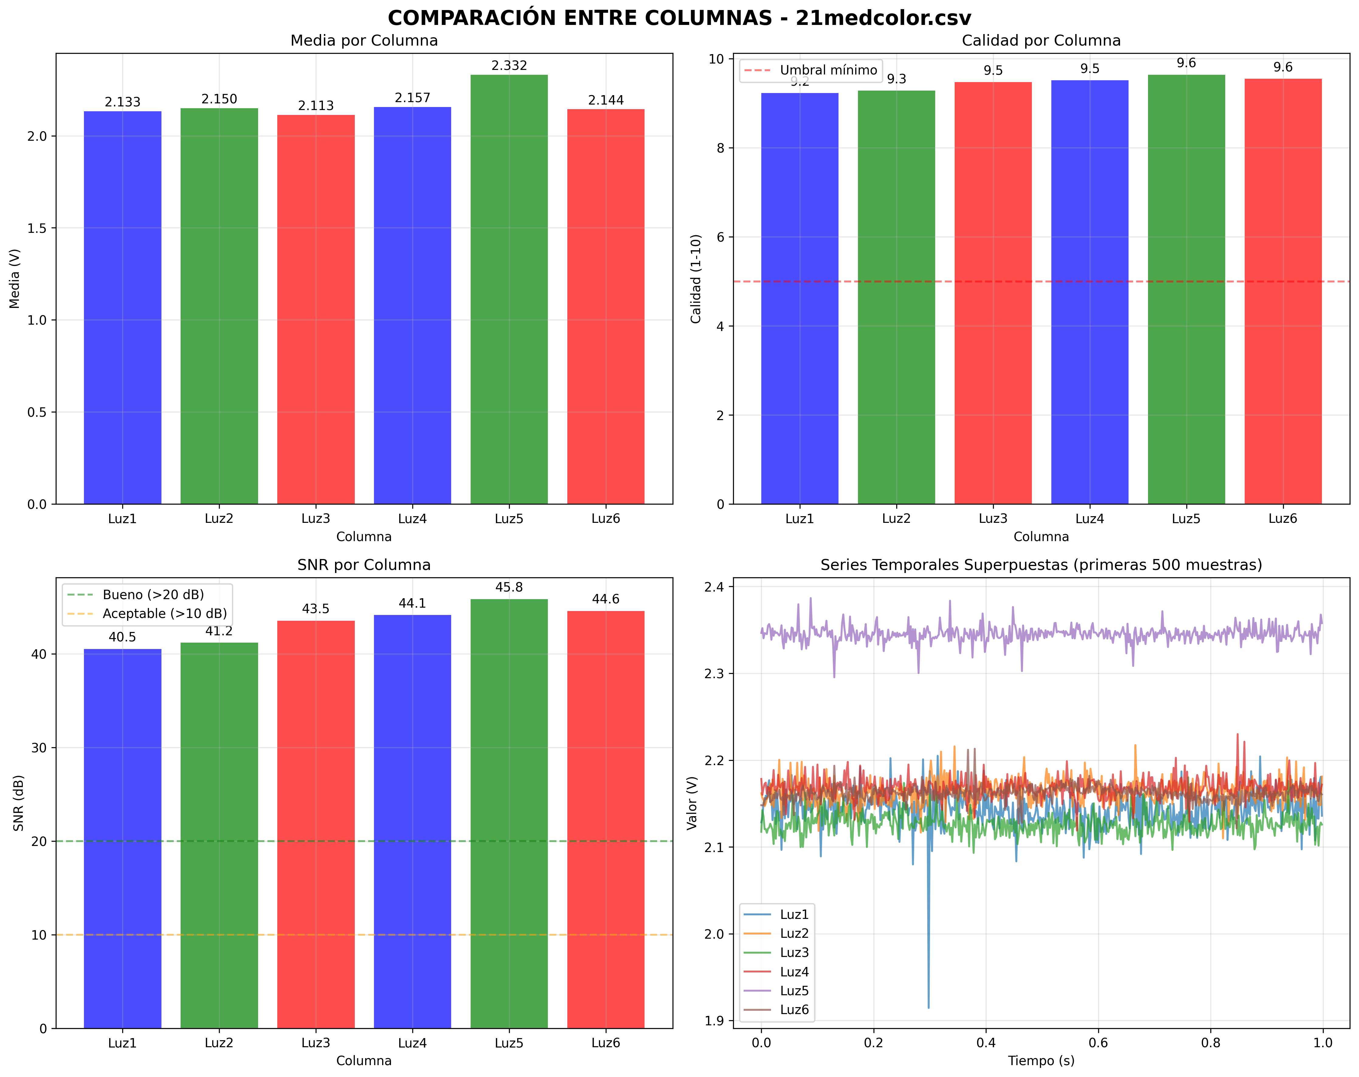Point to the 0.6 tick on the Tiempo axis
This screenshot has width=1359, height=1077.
(x=1098, y=1043)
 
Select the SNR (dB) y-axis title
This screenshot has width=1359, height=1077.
(x=18, y=803)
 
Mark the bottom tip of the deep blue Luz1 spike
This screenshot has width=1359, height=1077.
(x=928, y=1008)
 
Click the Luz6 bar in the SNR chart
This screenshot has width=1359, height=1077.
(x=606, y=819)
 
